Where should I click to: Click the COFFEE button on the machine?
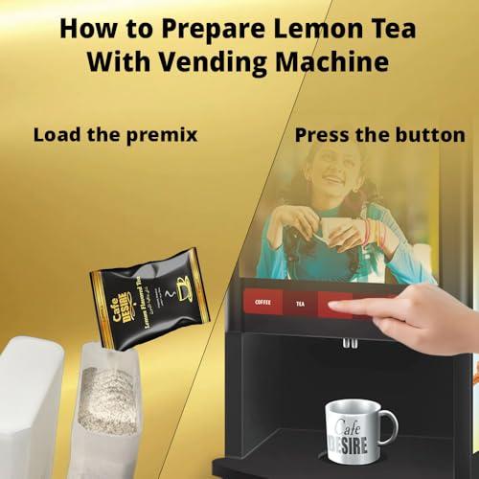coord(263,303)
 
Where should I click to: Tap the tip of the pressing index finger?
coord(330,305)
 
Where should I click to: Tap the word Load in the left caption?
coord(54,134)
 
